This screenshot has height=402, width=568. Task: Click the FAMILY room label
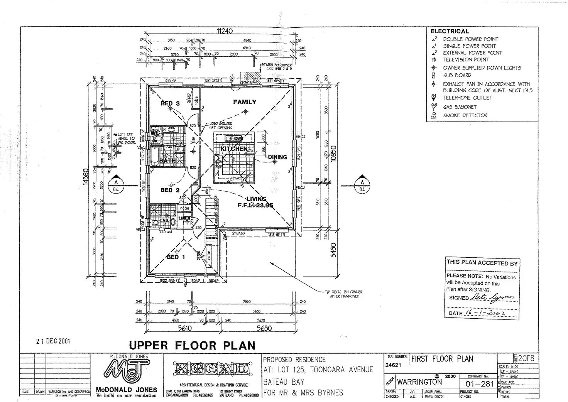(245, 102)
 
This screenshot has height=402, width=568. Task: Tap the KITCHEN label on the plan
(234, 149)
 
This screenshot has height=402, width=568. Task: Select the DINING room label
(277, 157)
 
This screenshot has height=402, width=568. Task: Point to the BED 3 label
(170, 103)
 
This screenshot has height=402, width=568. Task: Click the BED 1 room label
(176, 257)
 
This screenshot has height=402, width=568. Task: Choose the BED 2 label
(170, 190)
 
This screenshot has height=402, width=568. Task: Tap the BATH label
(168, 160)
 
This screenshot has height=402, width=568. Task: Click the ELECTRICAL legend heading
(450, 31)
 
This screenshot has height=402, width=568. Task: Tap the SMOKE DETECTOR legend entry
(465, 115)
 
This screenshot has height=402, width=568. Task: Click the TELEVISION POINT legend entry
(465, 60)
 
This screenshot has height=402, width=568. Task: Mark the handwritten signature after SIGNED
(492, 297)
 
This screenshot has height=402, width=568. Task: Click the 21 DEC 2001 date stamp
(53, 341)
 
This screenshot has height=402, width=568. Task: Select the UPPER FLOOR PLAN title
(192, 345)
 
